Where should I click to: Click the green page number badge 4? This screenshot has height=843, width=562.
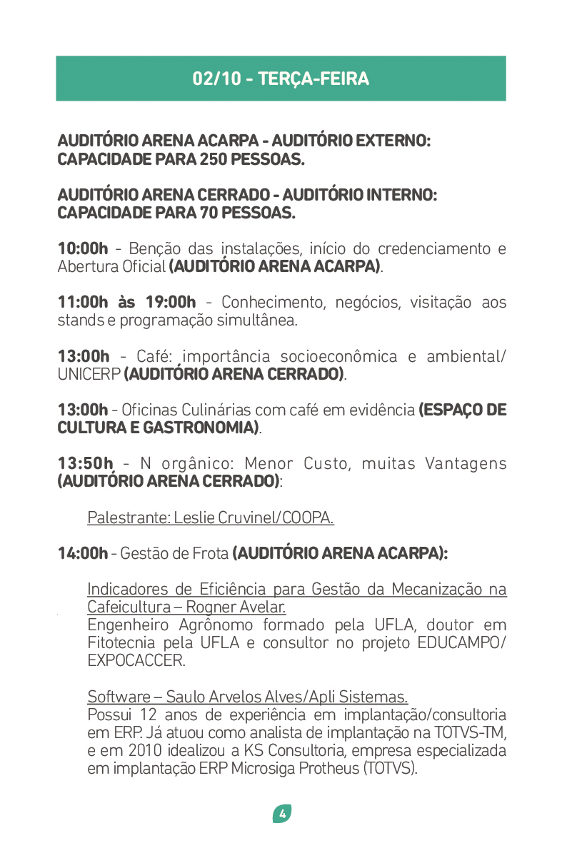(x=281, y=813)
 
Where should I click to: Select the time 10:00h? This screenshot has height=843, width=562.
(x=82, y=249)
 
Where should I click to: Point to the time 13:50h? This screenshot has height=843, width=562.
(x=85, y=464)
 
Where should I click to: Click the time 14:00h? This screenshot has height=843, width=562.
(x=82, y=553)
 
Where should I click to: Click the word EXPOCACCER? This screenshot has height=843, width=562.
(x=135, y=661)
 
